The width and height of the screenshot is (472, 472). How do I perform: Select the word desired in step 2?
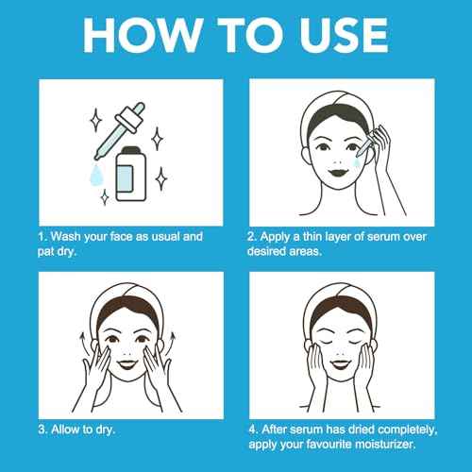coord(274,253)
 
